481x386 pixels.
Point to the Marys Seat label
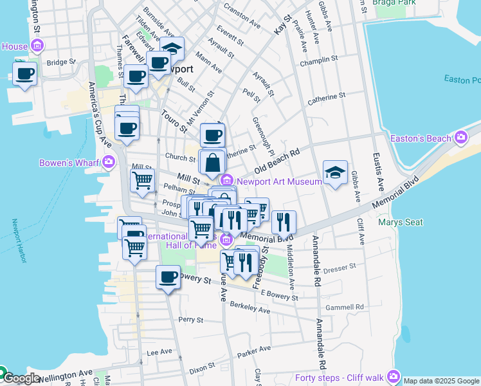pos(401,223)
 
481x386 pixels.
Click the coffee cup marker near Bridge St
pos(24,75)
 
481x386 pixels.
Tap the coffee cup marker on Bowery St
pos(168,277)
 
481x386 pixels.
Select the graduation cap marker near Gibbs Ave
pos(335,172)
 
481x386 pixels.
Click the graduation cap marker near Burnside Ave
pos(172,49)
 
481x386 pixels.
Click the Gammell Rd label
pos(345,307)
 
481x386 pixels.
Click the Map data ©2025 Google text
pos(441,381)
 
